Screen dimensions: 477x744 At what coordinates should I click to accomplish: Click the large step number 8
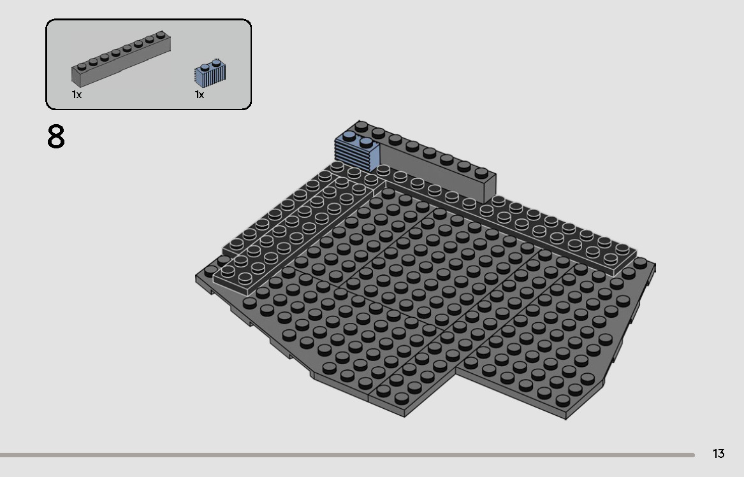(56, 137)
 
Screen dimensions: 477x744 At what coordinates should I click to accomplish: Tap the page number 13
(718, 453)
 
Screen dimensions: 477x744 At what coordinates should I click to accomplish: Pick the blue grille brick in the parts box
(211, 72)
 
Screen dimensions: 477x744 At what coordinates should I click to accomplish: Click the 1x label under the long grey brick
(77, 95)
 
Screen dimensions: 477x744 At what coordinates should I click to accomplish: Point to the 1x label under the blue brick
(200, 95)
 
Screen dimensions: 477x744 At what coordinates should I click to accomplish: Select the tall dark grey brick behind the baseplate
(434, 166)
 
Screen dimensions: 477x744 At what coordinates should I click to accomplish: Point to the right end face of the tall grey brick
(490, 188)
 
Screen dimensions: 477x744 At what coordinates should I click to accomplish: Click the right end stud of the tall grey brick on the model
(481, 173)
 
